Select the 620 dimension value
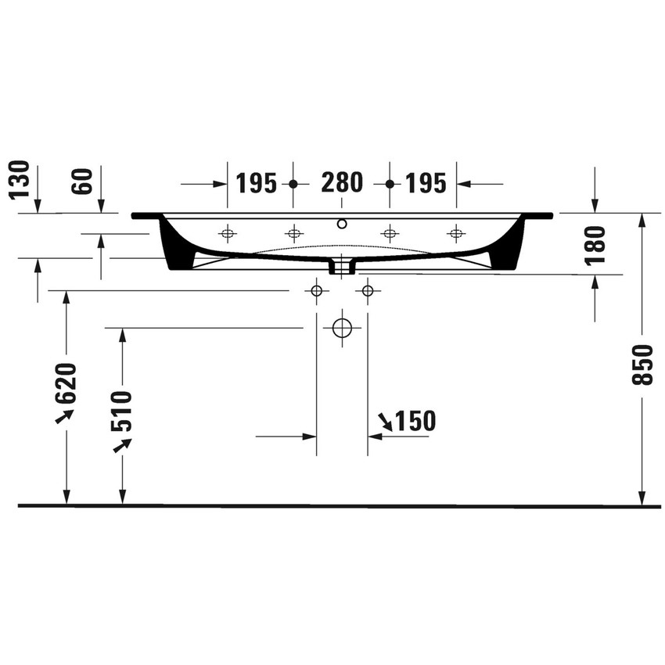point(66,382)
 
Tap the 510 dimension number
point(122,410)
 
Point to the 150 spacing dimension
point(414,421)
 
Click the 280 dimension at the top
point(342,183)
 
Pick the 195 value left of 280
point(257,183)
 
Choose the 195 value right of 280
point(426,183)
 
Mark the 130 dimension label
point(20,180)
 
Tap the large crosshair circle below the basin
point(342,327)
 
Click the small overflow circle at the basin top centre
point(341,225)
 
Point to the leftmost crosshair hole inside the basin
point(228,232)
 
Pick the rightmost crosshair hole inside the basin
point(456,232)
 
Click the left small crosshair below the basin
point(316,291)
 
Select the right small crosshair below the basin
point(368,291)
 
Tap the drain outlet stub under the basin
point(342,268)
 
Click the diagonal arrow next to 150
point(385,422)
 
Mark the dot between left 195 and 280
point(293,184)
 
